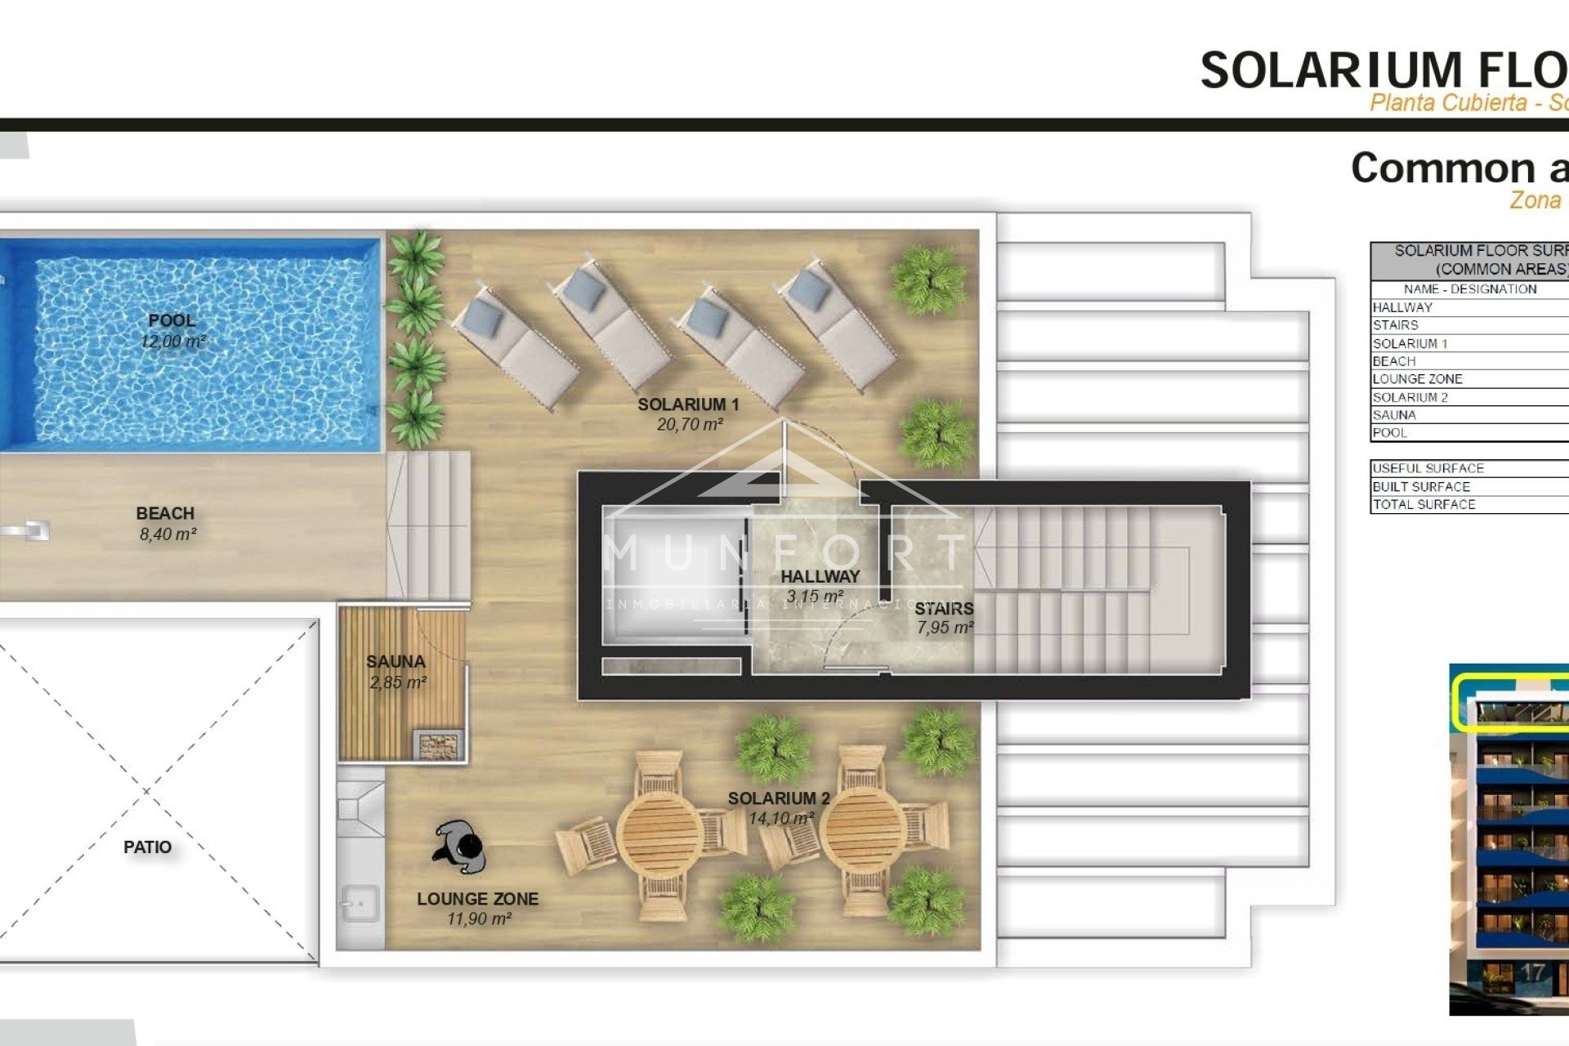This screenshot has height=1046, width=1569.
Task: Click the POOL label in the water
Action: (172, 320)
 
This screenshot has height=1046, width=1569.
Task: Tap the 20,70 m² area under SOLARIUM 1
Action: (689, 425)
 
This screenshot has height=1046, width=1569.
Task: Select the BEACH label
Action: (165, 513)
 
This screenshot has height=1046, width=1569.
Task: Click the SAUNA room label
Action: (396, 662)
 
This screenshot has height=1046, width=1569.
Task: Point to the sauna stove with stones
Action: (439, 745)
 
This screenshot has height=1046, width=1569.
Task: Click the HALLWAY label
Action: (820, 576)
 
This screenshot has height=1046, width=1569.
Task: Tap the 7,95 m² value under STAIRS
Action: (944, 628)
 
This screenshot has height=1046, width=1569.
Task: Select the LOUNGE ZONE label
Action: (477, 899)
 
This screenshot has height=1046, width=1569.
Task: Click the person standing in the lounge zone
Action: (460, 847)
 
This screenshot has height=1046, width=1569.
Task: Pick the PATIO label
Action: (147, 847)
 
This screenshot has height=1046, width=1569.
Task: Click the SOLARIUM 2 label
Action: (779, 798)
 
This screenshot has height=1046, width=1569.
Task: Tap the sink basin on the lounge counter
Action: (360, 904)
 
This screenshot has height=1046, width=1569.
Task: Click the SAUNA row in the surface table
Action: (1394, 415)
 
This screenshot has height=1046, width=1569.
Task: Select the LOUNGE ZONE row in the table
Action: (1417, 379)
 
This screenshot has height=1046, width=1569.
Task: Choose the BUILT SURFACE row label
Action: (1420, 487)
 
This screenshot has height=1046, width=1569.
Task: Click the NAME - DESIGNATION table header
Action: (1469, 289)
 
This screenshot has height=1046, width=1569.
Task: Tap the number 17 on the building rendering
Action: (1532, 972)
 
